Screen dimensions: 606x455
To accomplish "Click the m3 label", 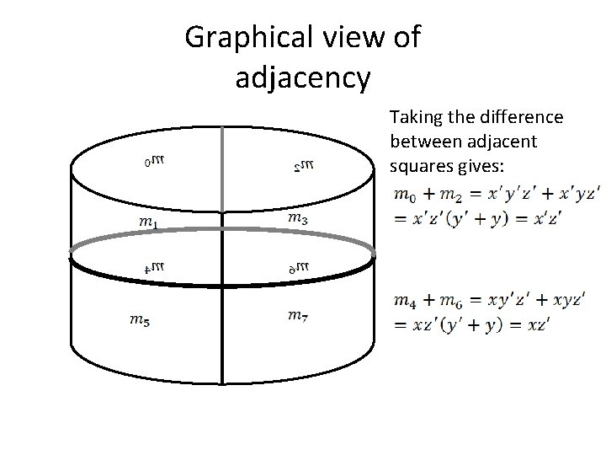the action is [x=296, y=218].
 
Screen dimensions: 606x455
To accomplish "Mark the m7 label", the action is [x=296, y=316].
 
